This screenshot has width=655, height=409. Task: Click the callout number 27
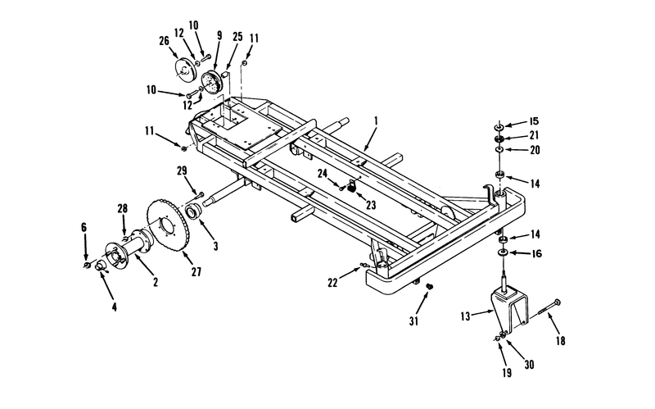(196, 272)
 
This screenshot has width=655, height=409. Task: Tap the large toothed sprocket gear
(168, 225)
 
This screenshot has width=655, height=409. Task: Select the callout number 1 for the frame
(376, 121)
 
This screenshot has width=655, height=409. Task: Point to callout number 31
(413, 321)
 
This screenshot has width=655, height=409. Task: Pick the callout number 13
(465, 316)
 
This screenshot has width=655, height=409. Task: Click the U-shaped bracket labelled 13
(508, 307)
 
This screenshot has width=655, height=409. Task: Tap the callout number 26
(165, 40)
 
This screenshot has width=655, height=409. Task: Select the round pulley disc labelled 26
(185, 70)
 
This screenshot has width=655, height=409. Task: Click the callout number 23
(371, 205)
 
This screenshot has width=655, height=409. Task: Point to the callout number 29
(182, 170)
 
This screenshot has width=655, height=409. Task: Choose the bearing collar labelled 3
(194, 211)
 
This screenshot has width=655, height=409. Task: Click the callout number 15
(534, 121)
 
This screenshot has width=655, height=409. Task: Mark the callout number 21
(534, 135)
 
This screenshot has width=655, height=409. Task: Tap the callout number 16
(537, 253)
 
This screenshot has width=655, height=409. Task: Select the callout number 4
(114, 307)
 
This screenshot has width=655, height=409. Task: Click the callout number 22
(332, 283)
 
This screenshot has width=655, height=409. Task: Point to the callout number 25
(237, 36)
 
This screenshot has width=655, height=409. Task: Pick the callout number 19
(507, 373)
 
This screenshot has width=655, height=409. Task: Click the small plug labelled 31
(428, 287)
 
